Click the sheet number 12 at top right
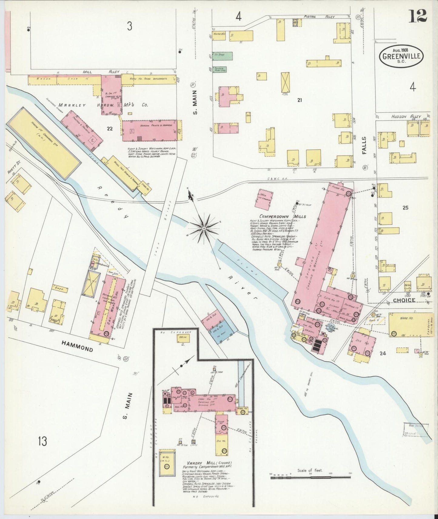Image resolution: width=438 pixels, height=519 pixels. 417,15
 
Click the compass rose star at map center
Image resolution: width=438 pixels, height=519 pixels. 204,227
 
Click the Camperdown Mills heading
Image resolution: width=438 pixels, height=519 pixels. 282,216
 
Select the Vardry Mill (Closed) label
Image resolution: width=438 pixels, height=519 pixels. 209,471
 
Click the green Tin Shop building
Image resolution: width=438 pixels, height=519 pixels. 222,55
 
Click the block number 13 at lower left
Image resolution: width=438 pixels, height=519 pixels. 42,441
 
